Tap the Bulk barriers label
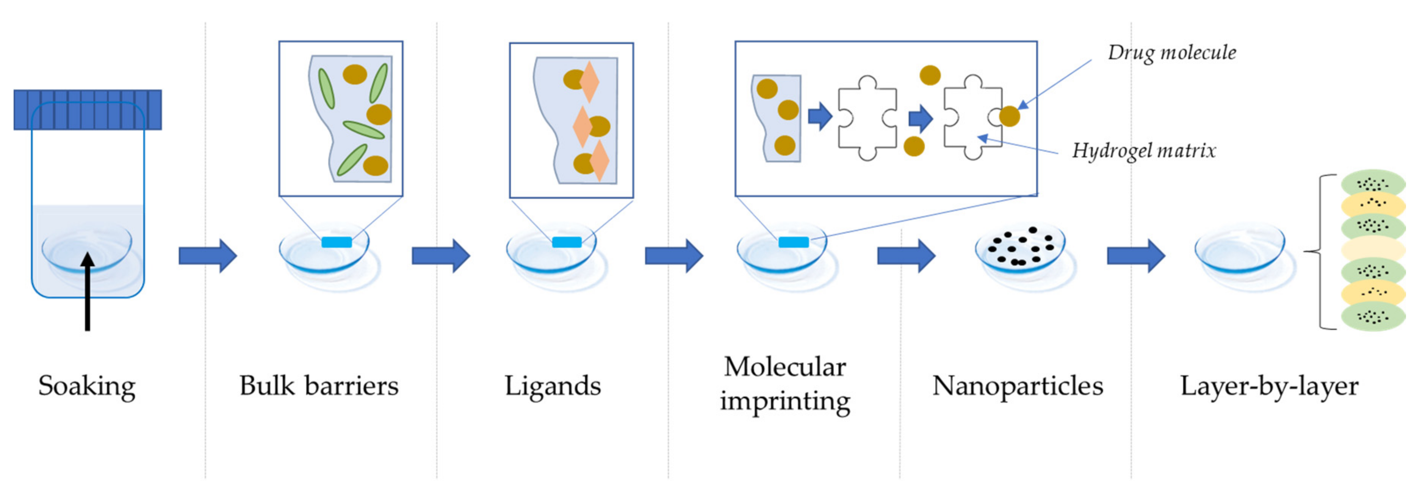[x=319, y=386]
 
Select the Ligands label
[x=553, y=386]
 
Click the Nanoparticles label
[x=1017, y=386]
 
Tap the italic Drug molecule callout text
[x=1171, y=53]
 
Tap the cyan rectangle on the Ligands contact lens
[x=567, y=242]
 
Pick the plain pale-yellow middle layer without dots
[x=1373, y=249]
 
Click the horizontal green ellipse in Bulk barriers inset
[x=364, y=130]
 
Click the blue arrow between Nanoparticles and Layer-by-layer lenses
[x=1135, y=256]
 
